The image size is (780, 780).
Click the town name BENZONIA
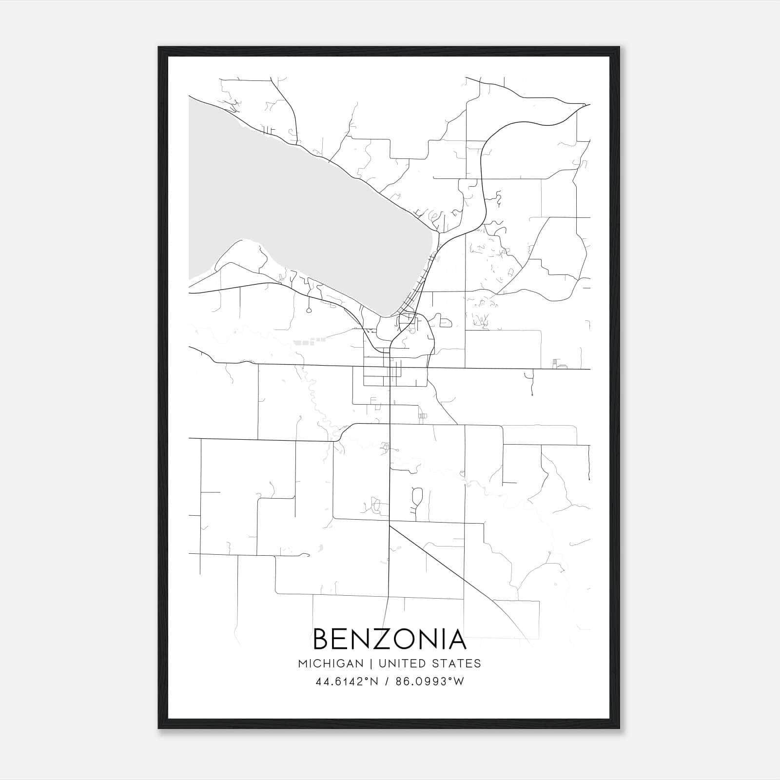click(390, 639)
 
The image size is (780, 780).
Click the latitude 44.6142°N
click(347, 682)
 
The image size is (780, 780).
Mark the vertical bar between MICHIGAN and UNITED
click(371, 663)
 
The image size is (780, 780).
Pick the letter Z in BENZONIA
click(384, 639)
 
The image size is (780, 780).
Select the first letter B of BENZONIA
click(323, 639)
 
